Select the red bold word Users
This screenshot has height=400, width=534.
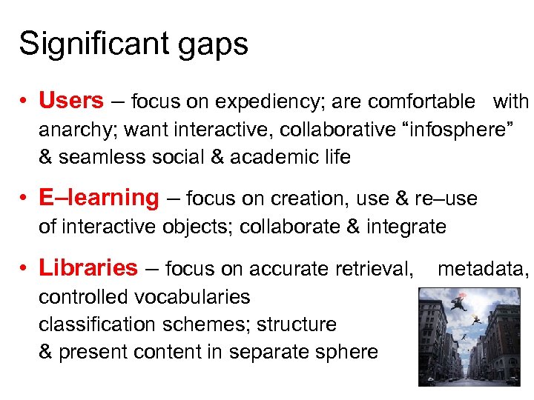point(71,100)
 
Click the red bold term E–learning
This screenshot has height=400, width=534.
point(99,198)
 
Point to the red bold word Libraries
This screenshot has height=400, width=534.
point(88,267)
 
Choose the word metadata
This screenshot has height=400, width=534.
point(481,268)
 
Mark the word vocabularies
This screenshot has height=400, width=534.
point(191,297)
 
